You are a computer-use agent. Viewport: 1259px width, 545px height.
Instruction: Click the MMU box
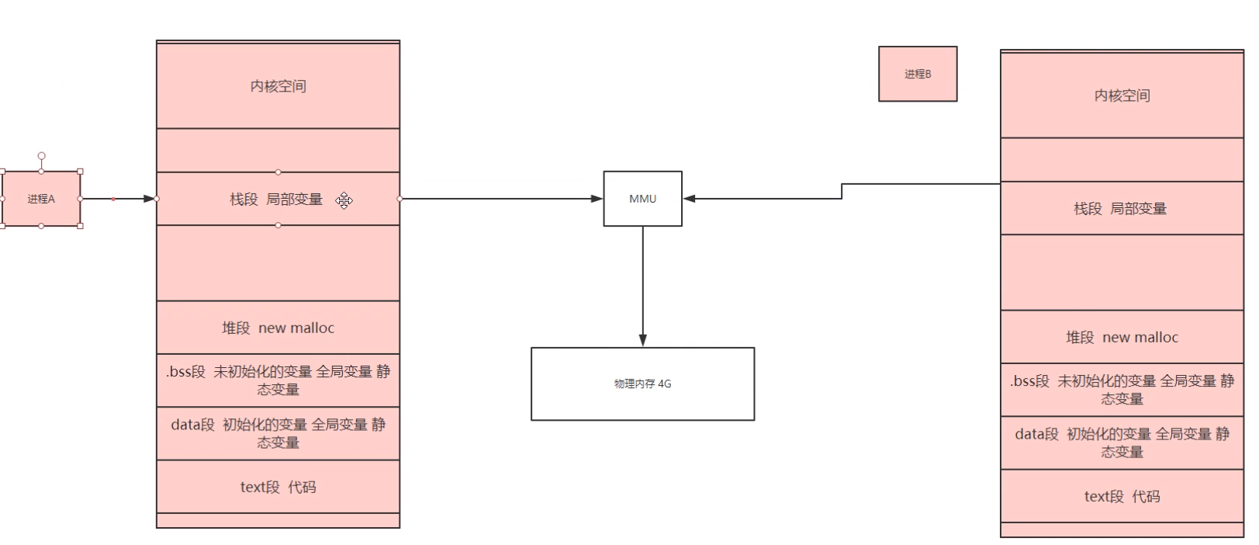(642, 199)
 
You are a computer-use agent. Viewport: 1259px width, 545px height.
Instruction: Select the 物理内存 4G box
(642, 384)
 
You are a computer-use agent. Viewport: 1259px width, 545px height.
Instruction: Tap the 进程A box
(41, 199)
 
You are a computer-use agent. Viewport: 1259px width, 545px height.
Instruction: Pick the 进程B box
(917, 74)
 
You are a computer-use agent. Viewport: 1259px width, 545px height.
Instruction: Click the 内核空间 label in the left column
(278, 86)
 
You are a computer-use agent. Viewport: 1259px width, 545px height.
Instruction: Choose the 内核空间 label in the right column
(1122, 95)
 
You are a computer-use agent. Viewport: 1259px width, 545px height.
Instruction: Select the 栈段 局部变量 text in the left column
(276, 200)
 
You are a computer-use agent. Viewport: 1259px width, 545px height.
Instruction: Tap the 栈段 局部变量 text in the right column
(1120, 209)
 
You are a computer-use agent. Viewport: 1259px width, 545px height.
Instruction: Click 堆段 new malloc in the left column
(278, 328)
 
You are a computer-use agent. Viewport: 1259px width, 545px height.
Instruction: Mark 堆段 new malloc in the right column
(1122, 337)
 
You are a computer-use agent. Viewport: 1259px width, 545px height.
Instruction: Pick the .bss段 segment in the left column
(278, 380)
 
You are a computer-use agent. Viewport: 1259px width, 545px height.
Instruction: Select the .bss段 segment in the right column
(1122, 390)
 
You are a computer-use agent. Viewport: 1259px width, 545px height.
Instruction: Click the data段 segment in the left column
(278, 433)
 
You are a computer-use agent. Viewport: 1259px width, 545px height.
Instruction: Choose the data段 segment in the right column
(1122, 443)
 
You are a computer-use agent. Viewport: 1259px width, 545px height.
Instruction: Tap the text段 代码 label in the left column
(278, 488)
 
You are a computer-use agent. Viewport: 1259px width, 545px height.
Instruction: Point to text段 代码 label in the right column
(1122, 497)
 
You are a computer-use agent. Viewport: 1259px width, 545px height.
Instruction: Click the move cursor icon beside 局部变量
(344, 200)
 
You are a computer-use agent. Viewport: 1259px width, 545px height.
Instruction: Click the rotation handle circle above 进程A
(41, 156)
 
